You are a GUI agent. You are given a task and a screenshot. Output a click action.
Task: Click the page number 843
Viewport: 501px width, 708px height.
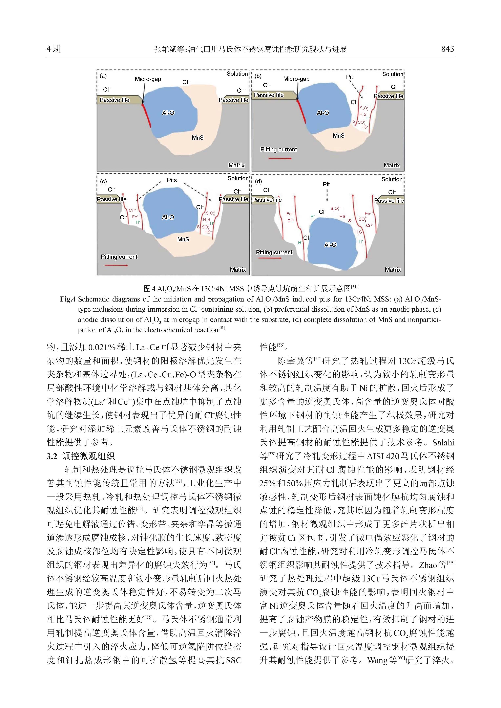tap(447, 49)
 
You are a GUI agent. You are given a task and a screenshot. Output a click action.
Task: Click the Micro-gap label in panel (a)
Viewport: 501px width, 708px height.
tap(148, 79)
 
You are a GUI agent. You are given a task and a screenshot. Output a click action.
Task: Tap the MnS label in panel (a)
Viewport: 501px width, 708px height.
tap(197, 137)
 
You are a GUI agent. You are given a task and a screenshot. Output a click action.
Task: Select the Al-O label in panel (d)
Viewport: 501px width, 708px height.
tap(330, 245)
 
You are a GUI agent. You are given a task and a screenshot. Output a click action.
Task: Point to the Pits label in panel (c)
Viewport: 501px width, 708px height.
tap(172, 180)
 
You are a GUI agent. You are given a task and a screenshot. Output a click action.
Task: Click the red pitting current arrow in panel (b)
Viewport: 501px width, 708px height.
tap(280, 158)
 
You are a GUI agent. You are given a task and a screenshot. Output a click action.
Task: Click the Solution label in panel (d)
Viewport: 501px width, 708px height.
tap(392, 179)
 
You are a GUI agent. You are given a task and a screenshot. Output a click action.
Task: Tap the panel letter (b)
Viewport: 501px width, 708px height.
tap(258, 76)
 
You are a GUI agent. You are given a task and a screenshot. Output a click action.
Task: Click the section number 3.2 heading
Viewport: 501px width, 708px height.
tap(52, 456)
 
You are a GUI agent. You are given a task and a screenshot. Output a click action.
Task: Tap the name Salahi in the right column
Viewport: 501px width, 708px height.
tap(443, 443)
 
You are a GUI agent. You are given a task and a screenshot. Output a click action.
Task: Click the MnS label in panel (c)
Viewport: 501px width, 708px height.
tap(183, 239)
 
